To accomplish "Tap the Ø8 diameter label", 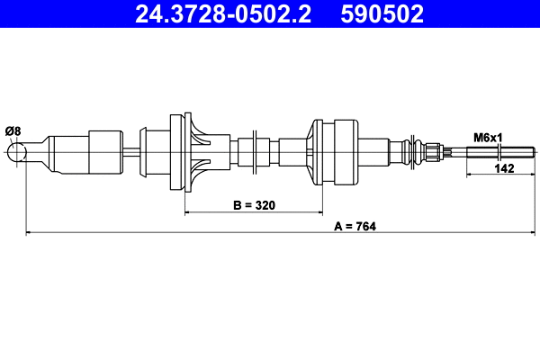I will [13, 131].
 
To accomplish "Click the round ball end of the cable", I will [17, 153].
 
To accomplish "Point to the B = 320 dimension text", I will [253, 205].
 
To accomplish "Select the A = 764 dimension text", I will [354, 226].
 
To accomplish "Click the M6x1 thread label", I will [488, 138].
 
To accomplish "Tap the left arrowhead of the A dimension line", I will [30, 234].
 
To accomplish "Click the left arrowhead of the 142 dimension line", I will [469, 175].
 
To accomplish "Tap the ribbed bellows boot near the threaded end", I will [413, 150].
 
